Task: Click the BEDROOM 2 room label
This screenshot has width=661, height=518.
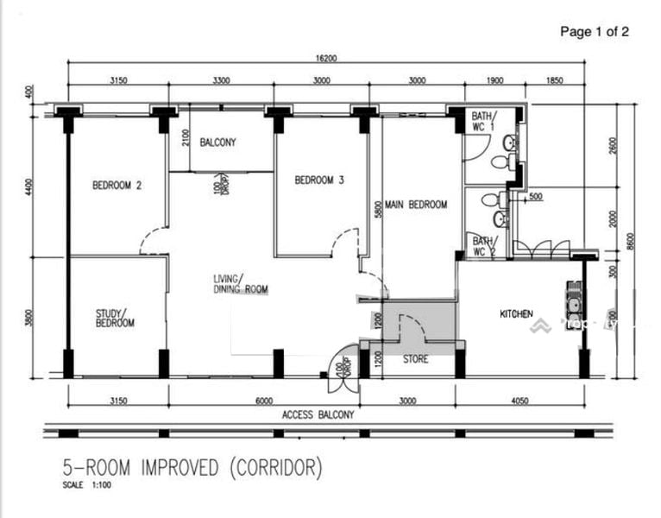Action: point(117,184)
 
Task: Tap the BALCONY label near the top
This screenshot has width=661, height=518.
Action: point(218,142)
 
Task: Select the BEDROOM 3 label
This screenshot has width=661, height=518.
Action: point(319,180)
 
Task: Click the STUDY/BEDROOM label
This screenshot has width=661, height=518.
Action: point(115,317)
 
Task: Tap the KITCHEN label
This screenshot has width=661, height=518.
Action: point(516,314)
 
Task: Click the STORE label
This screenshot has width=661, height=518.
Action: point(415,360)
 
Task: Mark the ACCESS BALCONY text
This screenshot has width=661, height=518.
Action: point(318,415)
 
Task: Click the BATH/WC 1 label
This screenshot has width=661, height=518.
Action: point(481,120)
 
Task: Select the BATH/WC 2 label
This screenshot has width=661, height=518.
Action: point(481,244)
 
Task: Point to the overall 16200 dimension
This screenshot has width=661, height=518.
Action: point(324,60)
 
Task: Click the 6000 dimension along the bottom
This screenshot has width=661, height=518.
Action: point(263,401)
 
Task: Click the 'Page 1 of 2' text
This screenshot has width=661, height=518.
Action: point(595,32)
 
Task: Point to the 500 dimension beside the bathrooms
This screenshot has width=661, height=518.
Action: point(535,198)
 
